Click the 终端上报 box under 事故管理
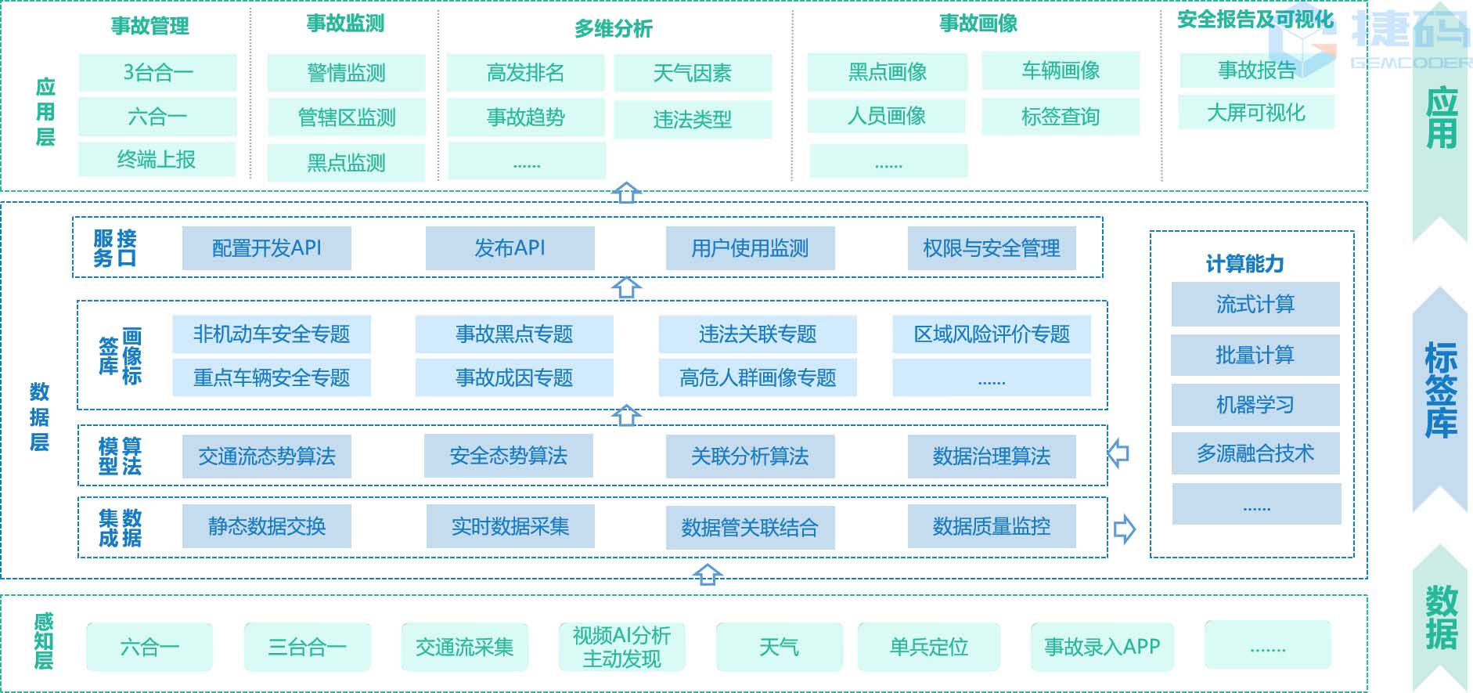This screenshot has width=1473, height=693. (x=157, y=160)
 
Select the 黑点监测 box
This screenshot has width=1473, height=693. (x=346, y=163)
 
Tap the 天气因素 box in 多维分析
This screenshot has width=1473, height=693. (x=693, y=74)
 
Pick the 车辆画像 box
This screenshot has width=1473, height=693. (x=1061, y=71)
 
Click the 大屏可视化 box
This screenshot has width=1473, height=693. (x=1256, y=113)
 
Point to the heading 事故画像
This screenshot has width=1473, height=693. (x=978, y=23)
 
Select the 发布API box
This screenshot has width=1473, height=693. (x=510, y=248)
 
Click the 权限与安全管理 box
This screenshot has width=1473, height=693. (x=991, y=248)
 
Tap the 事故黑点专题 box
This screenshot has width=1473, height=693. (x=514, y=334)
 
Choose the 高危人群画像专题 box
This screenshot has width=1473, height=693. (x=758, y=378)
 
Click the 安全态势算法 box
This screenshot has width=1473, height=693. (x=508, y=456)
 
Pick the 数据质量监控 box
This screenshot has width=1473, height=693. (x=991, y=526)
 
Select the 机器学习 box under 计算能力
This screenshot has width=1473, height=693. (x=1255, y=405)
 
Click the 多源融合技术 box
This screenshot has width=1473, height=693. (x=1255, y=453)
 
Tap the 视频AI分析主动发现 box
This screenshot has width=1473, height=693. (x=621, y=647)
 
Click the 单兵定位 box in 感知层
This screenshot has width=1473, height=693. (x=928, y=647)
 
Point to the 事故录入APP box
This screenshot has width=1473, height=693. (x=1102, y=647)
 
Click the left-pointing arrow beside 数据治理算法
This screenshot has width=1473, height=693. (x=1118, y=453)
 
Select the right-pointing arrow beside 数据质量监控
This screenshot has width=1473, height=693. (x=1124, y=529)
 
